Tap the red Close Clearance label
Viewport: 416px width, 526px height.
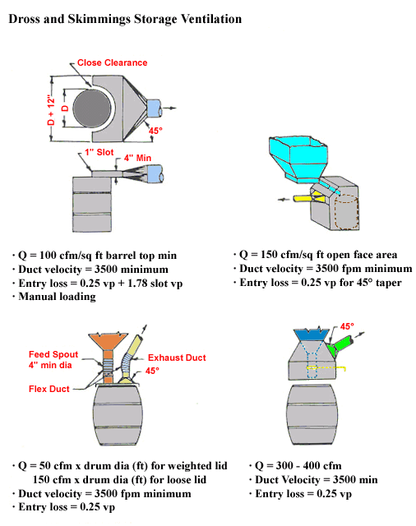click(x=109, y=62)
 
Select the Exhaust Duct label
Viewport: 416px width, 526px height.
click(x=177, y=358)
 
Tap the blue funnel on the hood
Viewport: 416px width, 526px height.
click(x=313, y=336)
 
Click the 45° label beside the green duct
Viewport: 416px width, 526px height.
click(x=347, y=326)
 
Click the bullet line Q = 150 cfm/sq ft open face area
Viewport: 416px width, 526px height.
click(x=320, y=254)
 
